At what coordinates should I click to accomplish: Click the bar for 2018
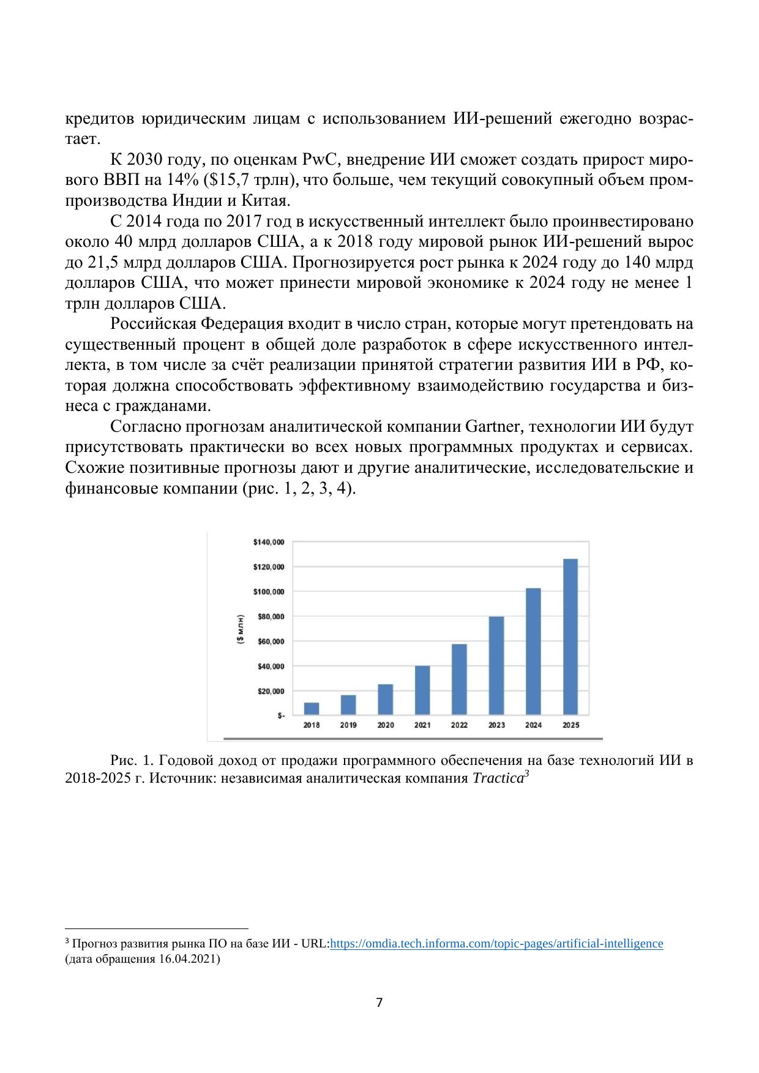tap(312, 708)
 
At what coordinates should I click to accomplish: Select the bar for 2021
tap(422, 690)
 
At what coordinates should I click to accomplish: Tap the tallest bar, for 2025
tap(570, 636)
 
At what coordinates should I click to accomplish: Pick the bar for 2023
tap(496, 665)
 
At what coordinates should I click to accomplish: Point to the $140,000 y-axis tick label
tap(268, 542)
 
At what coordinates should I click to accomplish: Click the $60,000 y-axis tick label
tap(270, 641)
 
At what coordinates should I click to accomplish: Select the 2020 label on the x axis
tap(386, 725)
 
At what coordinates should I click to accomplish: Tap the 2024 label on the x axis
tap(533, 725)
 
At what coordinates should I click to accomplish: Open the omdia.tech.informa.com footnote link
tap(496, 944)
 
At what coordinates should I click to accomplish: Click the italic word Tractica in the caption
tap(498, 778)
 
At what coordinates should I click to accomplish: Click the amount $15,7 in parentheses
tap(230, 181)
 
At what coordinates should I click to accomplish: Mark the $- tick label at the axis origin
tap(280, 715)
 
